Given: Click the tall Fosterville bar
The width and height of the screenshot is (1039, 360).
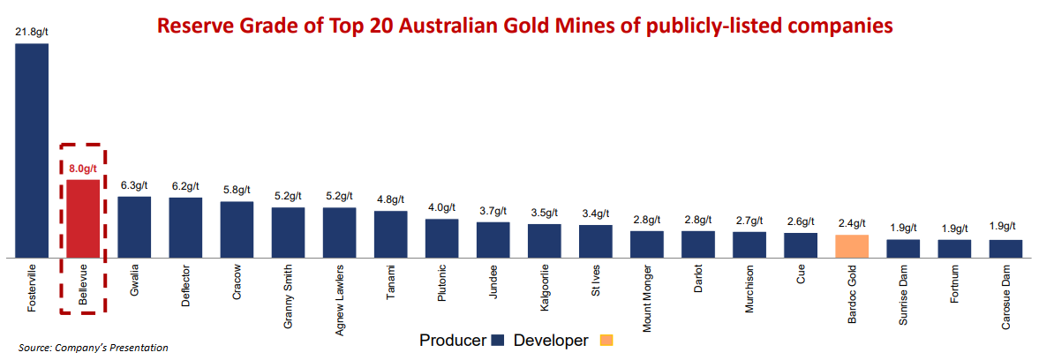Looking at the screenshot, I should click(x=32, y=150).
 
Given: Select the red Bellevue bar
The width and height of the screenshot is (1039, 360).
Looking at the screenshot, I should click(x=83, y=218).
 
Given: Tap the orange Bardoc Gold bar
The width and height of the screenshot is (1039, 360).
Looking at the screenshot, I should click(x=852, y=245).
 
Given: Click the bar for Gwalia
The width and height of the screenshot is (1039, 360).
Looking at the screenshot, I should click(x=134, y=227).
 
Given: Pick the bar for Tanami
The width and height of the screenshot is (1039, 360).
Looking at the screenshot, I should click(x=390, y=234).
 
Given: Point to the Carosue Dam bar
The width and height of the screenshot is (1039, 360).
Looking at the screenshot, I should click(x=1005, y=248).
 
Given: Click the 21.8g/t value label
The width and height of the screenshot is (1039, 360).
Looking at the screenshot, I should click(x=32, y=32).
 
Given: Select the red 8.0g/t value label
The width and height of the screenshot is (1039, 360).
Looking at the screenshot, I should click(x=83, y=169).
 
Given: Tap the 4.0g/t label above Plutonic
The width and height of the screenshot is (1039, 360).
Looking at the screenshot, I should click(x=441, y=208).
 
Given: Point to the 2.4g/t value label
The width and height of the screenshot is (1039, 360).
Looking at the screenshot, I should click(x=852, y=224).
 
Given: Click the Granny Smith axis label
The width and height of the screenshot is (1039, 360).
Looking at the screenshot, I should click(x=289, y=296).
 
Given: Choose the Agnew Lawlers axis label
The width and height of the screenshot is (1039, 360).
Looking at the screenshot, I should click(x=340, y=298).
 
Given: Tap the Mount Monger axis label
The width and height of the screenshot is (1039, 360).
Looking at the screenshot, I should click(x=647, y=297).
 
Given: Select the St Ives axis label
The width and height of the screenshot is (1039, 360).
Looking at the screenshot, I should click(x=596, y=284).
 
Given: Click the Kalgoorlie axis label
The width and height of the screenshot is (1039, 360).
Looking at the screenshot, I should click(x=545, y=289).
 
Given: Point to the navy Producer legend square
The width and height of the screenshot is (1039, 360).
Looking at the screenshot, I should click(x=497, y=341).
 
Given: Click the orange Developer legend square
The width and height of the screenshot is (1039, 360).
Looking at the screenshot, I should click(x=605, y=341).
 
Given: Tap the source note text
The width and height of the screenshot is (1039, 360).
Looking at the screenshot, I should click(x=93, y=348).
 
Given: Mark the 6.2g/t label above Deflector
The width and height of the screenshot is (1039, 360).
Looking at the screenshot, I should click(x=185, y=187).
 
